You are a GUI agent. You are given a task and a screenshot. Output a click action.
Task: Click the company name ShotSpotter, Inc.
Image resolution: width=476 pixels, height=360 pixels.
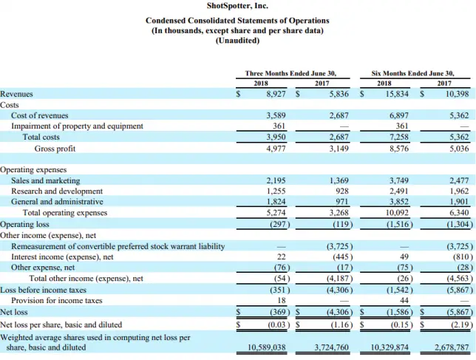[x=237, y=7]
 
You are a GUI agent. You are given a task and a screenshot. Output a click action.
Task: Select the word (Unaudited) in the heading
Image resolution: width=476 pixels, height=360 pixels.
[x=237, y=41]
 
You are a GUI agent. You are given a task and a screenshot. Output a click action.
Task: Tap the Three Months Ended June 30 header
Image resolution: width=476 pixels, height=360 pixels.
[x=291, y=73]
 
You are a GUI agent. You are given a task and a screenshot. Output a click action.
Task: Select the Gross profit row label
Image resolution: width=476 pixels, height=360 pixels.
[x=54, y=148]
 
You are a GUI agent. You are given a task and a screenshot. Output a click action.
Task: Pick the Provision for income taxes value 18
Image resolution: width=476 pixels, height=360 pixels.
[x=282, y=301]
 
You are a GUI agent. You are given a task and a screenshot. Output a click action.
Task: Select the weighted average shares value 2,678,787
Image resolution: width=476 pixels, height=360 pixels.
[x=452, y=347]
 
